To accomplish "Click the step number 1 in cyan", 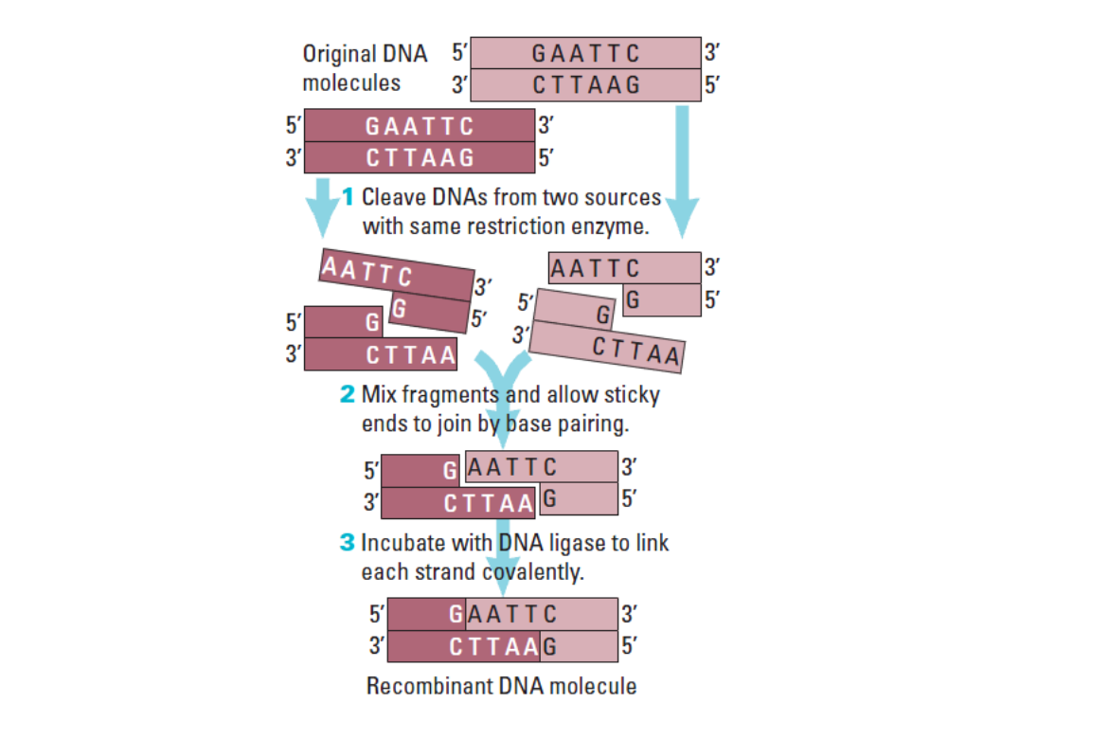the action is [x=348, y=197].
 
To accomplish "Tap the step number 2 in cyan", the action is [x=348, y=394].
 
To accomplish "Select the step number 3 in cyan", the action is [x=347, y=543].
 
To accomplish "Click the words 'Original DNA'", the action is [x=365, y=54].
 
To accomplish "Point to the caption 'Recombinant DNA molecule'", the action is [x=501, y=686].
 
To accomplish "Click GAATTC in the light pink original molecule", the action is [x=586, y=53].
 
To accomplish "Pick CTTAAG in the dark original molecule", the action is [x=420, y=157].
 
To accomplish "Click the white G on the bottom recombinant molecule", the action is [x=456, y=614].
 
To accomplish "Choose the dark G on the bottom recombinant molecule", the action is [x=548, y=647].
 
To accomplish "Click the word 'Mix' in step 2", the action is [x=379, y=394].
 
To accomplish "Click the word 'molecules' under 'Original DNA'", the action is [x=351, y=83].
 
